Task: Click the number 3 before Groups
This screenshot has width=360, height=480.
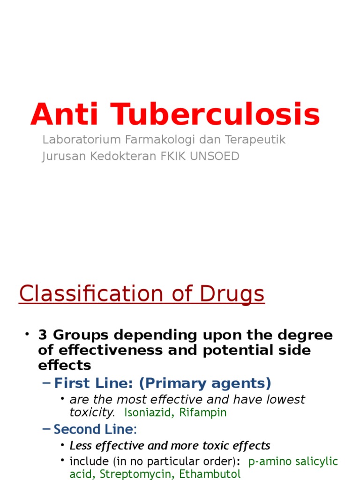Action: (43, 335)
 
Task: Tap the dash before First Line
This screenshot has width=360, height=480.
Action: (46, 383)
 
